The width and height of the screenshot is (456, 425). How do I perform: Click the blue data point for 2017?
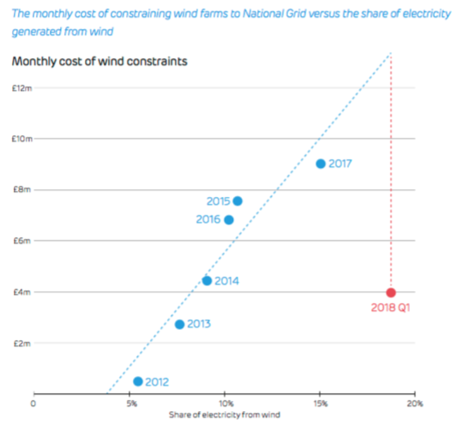320,163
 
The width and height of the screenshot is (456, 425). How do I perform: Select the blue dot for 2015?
237,201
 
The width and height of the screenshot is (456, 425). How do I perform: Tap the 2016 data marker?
229,220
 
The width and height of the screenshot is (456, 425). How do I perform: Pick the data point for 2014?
206,281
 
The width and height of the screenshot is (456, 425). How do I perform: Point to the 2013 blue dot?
179,324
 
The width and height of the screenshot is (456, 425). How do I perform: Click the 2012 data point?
138,381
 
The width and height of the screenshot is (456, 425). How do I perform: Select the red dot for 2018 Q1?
391,293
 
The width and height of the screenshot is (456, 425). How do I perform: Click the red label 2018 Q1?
391,309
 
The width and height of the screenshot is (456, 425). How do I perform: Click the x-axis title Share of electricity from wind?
224,415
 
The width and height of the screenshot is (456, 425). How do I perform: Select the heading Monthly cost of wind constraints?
99,61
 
